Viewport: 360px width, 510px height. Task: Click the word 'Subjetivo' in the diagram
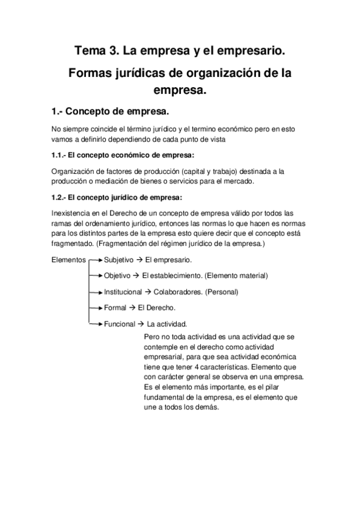[119, 260]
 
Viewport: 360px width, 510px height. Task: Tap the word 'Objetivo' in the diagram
[117, 275]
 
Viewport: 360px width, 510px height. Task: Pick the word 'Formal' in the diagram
[115, 307]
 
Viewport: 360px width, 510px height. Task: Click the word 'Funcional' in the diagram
[120, 323]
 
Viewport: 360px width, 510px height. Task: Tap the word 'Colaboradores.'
[177, 292]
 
